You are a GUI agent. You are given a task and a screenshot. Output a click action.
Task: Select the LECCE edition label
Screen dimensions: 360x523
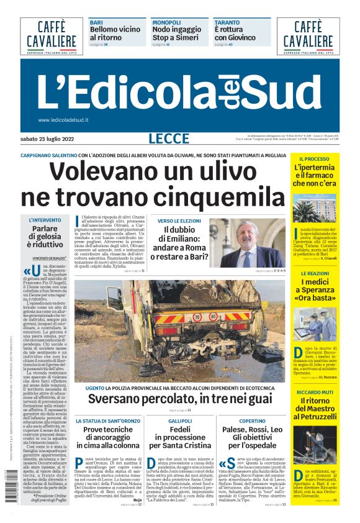[x=169, y=139]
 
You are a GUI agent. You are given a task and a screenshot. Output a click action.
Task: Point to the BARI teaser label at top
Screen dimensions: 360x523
[x=96, y=22]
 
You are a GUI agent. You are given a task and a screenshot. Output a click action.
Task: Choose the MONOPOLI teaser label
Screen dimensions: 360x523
[x=167, y=22]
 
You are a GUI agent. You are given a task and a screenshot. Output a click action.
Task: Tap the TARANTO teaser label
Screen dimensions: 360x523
[x=227, y=22]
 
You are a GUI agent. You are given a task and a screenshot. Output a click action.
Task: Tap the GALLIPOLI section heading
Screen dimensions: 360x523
[x=180, y=421]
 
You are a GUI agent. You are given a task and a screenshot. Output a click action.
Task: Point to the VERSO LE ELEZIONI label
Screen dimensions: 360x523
[x=179, y=221]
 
